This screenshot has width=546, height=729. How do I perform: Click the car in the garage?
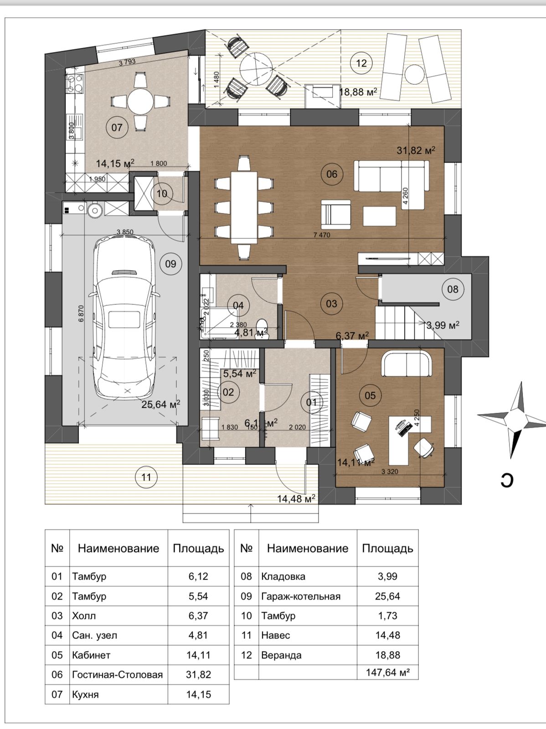[124, 319]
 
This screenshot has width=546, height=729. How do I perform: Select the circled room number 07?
[117, 127]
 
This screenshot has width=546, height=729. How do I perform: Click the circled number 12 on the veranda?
[361, 63]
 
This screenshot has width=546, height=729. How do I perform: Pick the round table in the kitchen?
[140, 101]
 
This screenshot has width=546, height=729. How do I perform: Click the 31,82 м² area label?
[416, 150]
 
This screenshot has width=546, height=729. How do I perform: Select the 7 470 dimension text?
[322, 235]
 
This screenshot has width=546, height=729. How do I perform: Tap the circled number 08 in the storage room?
[453, 289]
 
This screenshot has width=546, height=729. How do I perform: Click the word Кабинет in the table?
[91, 655]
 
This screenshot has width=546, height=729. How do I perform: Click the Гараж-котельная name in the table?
[301, 596]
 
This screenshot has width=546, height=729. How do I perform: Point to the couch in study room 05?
[407, 364]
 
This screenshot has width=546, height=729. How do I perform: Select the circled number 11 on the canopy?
[146, 477]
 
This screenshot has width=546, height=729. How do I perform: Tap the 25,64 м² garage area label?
[160, 404]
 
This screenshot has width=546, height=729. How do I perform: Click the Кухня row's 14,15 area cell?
[198, 694]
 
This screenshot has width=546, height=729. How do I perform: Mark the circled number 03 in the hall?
[331, 303]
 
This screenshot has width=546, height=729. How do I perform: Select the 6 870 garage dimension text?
[81, 313]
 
